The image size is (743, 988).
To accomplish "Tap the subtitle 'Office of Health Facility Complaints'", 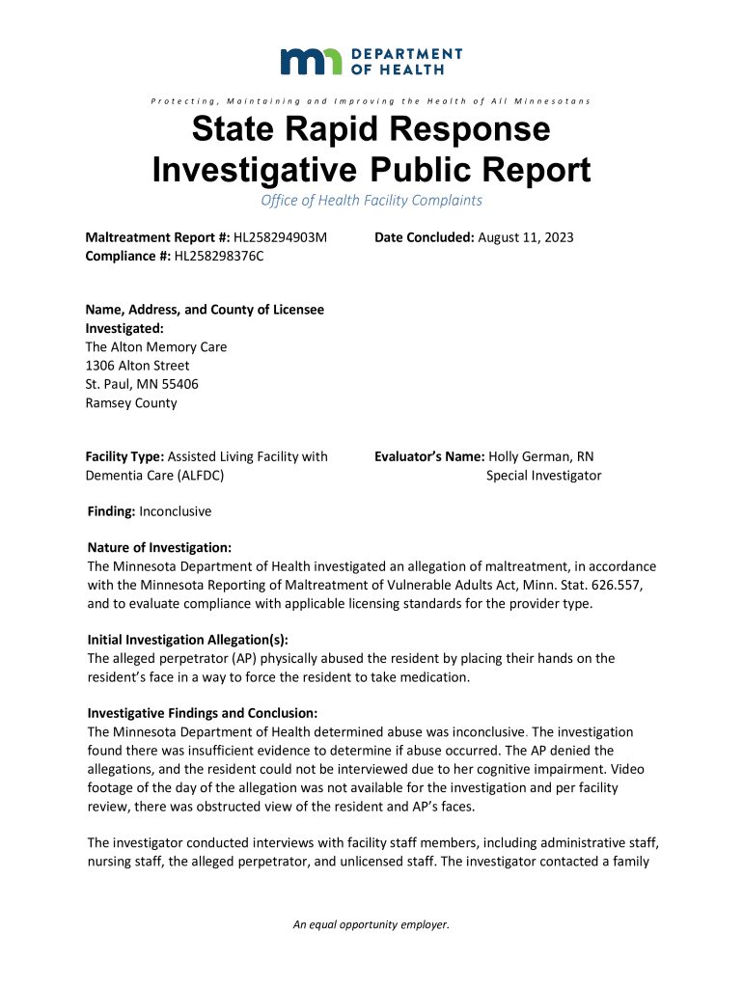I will point(371,201).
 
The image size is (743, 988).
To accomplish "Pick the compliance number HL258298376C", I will point(218,256).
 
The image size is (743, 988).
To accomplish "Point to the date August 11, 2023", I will point(526,237).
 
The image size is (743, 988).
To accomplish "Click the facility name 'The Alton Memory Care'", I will point(156,347).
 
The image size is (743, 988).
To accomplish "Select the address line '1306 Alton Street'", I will point(138,366).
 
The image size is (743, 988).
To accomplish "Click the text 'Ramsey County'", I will point(131,403).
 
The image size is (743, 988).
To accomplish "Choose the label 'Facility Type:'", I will point(125,456).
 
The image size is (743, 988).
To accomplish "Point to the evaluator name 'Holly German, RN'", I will point(545,456).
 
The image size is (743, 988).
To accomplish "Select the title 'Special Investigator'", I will point(543,475).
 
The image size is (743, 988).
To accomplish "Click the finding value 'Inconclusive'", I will point(175,510).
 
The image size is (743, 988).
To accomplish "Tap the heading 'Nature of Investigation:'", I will point(159,547).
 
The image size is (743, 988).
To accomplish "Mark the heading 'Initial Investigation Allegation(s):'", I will point(187,640).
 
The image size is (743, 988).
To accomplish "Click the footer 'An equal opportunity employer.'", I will point(371,925).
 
